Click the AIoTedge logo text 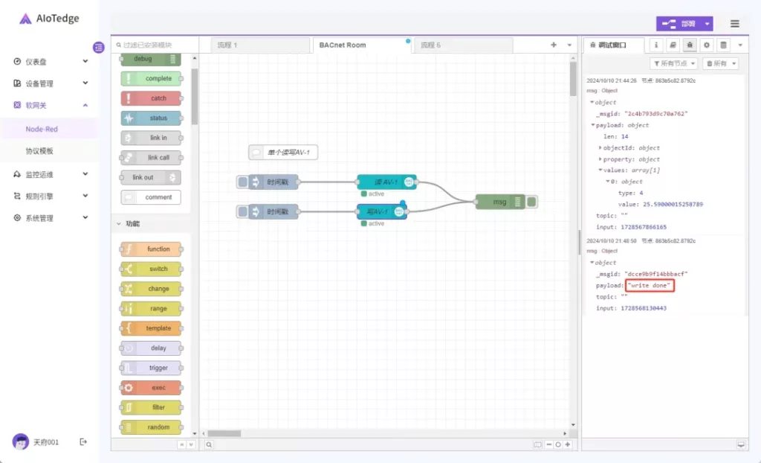click(57, 19)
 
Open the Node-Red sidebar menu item click(42, 129)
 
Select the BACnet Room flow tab click(343, 45)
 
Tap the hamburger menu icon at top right click(735, 24)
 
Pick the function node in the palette click(152, 249)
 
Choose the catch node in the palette click(152, 98)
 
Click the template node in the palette click(152, 328)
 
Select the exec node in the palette click(152, 388)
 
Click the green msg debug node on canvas click(499, 202)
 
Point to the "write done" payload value click(650, 286)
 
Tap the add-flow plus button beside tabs click(553, 45)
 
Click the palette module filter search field click(156, 45)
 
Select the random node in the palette click(152, 427)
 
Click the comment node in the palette click(152, 197)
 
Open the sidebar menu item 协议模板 click(40, 151)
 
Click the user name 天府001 click(45, 442)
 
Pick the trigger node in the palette click(152, 368)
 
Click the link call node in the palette click(152, 158)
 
